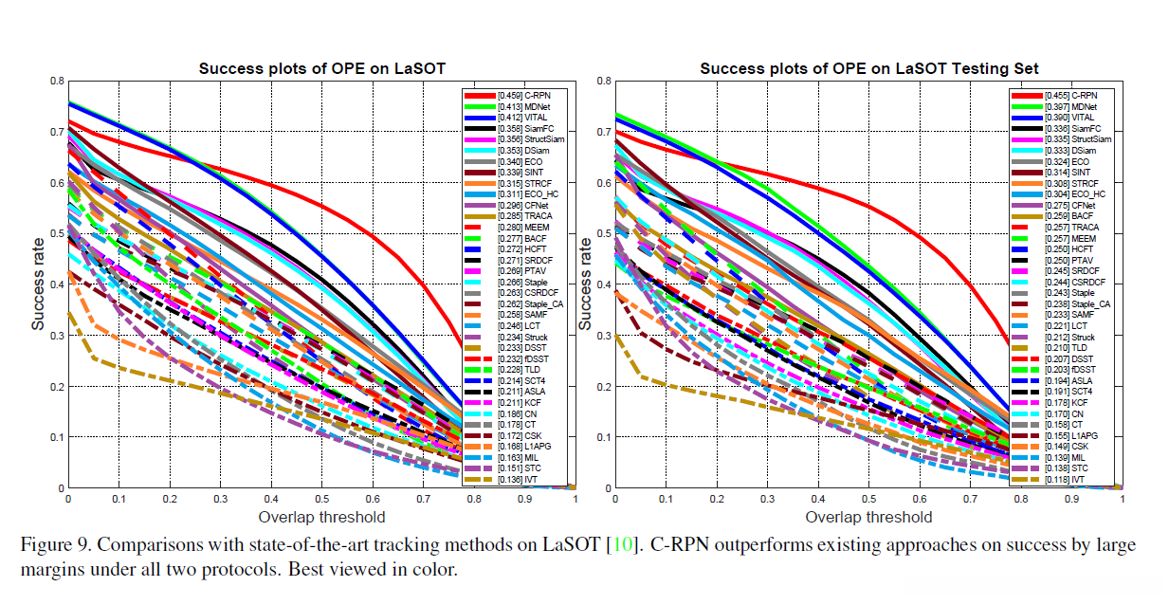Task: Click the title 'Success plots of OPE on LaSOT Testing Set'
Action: pyautogui.click(x=868, y=68)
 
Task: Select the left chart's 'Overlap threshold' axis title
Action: pyautogui.click(x=321, y=517)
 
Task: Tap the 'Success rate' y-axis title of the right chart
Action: pyautogui.click(x=586, y=284)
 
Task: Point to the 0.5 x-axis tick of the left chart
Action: pyautogui.click(x=321, y=499)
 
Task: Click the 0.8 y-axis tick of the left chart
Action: pyautogui.click(x=57, y=81)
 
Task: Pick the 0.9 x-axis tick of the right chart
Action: pyautogui.click(x=1071, y=499)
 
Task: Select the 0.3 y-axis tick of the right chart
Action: pyautogui.click(x=605, y=335)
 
